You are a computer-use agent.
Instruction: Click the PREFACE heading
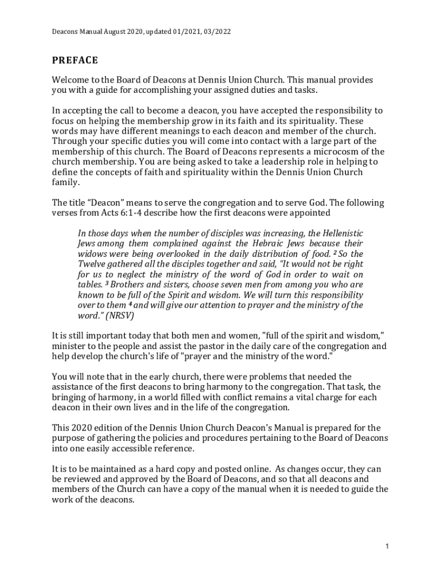75,60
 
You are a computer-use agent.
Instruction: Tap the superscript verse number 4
130,303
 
